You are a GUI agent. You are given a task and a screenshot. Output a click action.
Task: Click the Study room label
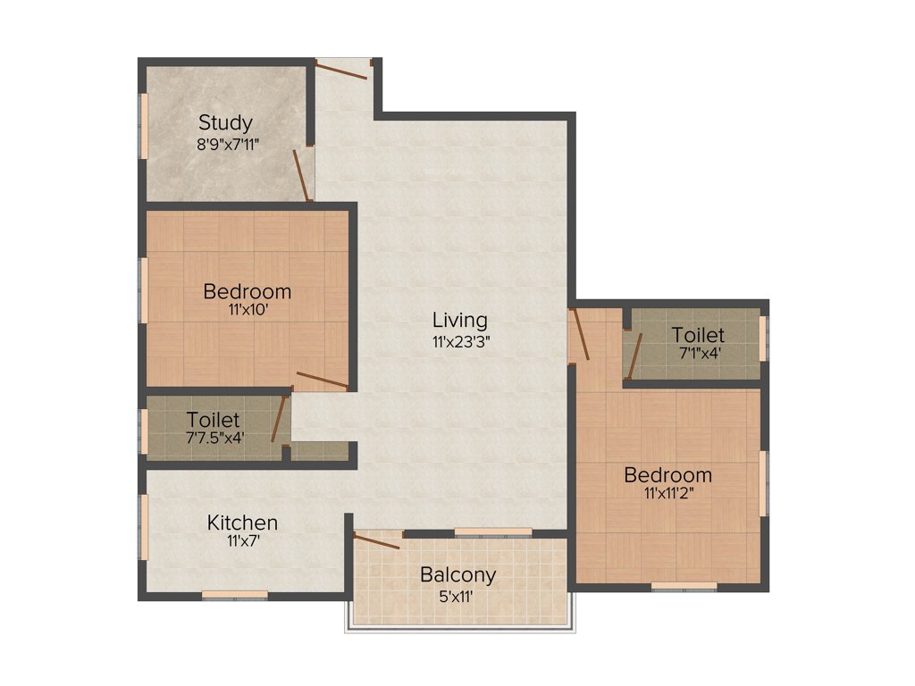tap(225, 122)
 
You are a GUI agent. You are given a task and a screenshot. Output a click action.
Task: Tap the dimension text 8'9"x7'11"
tap(228, 142)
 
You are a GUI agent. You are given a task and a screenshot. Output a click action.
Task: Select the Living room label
tap(460, 320)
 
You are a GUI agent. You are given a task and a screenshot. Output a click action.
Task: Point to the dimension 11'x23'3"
tap(460, 339)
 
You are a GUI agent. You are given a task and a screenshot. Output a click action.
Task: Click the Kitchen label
tap(242, 523)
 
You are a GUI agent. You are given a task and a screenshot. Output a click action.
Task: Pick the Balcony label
tap(457, 573)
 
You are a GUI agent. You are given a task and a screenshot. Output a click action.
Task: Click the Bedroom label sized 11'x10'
tap(247, 291)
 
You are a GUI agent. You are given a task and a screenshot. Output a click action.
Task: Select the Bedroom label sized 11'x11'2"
tap(667, 474)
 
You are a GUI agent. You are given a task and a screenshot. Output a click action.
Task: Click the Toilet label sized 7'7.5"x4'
tap(213, 419)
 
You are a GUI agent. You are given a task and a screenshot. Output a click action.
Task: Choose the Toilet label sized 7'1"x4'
tap(698, 335)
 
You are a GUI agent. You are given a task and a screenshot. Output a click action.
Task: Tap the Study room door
tap(302, 175)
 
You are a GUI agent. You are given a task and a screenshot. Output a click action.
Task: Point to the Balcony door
tap(377, 540)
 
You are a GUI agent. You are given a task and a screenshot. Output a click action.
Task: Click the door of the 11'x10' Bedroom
tap(322, 381)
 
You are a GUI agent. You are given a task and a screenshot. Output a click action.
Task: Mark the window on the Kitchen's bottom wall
tap(234, 594)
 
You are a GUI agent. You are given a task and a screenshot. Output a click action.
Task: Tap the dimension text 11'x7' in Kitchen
tap(242, 540)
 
